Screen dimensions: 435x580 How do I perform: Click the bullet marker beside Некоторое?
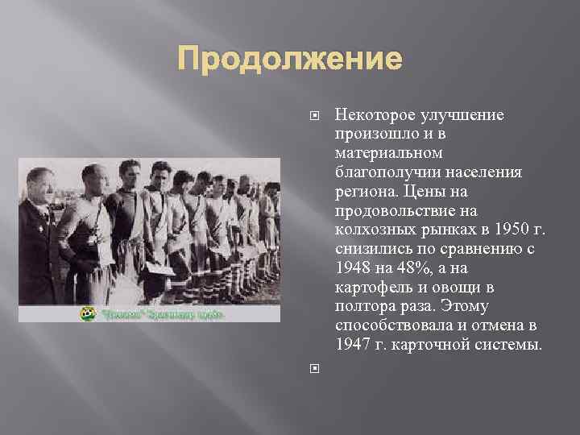314,116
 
